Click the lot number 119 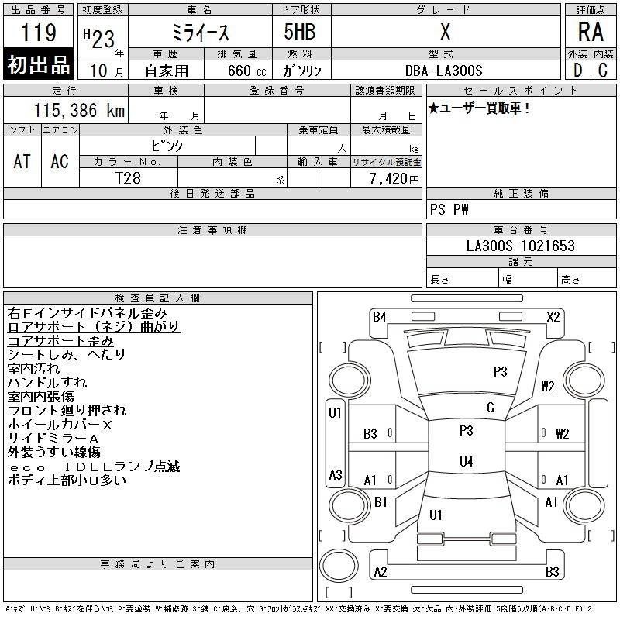tap(39, 32)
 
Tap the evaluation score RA tap(591, 32)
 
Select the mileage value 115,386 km tap(79, 110)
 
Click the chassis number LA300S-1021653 tap(520, 246)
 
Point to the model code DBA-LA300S tap(443, 71)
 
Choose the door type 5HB tap(300, 32)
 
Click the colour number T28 tap(128, 178)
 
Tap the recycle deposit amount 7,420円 tap(394, 179)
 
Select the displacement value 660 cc tap(246, 71)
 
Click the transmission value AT tap(22, 161)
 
